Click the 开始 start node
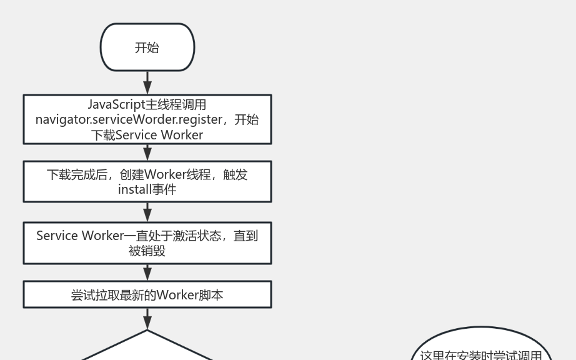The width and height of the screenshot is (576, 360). click(x=147, y=47)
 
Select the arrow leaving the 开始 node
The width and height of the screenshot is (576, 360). click(x=147, y=82)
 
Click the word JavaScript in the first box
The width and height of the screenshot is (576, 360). click(x=115, y=104)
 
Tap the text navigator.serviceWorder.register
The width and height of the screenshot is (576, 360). click(x=129, y=119)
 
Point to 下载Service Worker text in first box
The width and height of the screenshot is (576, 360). click(x=147, y=135)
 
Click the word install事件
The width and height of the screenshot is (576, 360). click(x=147, y=189)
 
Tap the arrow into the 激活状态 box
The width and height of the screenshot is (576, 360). click(x=147, y=212)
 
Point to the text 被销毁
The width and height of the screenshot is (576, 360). click(x=147, y=251)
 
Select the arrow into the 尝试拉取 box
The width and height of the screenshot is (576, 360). click(x=147, y=272)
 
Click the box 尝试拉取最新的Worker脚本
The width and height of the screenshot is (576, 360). click(x=147, y=294)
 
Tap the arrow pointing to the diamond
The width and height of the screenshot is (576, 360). click(x=147, y=319)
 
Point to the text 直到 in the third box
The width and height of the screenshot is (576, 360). click(x=246, y=236)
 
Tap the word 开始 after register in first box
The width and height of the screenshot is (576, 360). click(x=246, y=119)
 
